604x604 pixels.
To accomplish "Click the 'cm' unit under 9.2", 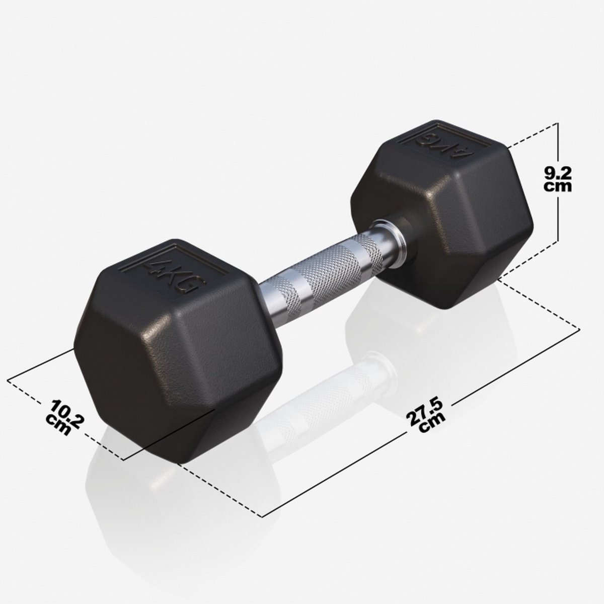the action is pyautogui.click(x=558, y=186).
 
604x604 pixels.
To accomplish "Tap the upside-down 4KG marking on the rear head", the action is pyautogui.click(x=444, y=143).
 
